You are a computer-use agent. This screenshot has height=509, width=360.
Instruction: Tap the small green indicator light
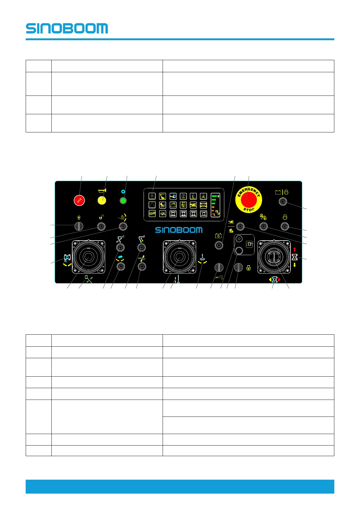coord(123,200)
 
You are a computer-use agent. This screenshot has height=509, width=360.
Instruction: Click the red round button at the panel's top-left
coord(79,200)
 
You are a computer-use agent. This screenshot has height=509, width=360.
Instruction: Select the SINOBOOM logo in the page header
coord(67,28)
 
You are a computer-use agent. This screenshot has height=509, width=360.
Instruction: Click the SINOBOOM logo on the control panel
coord(179,230)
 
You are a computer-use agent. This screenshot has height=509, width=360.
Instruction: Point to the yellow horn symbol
coord(102,191)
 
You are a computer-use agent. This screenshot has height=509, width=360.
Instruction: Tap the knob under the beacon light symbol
coord(79,226)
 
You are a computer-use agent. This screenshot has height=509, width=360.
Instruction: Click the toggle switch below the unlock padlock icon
coord(101,226)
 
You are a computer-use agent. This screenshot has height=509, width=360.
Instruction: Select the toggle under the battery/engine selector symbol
coord(283,201)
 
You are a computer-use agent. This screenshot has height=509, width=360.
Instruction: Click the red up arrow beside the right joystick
coord(294,250)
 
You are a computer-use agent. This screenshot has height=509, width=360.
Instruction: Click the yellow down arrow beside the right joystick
coord(294,265)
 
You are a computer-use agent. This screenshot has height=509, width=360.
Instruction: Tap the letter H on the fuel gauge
coord(219,196)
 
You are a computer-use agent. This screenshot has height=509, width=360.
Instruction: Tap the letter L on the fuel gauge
coord(214,214)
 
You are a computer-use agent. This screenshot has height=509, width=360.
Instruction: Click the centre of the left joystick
coord(89,257)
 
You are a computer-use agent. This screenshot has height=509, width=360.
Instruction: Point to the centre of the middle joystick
coord(179,257)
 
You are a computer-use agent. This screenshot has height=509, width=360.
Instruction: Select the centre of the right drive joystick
coord(274,257)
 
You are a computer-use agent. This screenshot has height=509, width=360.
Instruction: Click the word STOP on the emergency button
coord(249,209)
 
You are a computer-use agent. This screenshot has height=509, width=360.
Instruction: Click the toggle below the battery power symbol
coord(219,245)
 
